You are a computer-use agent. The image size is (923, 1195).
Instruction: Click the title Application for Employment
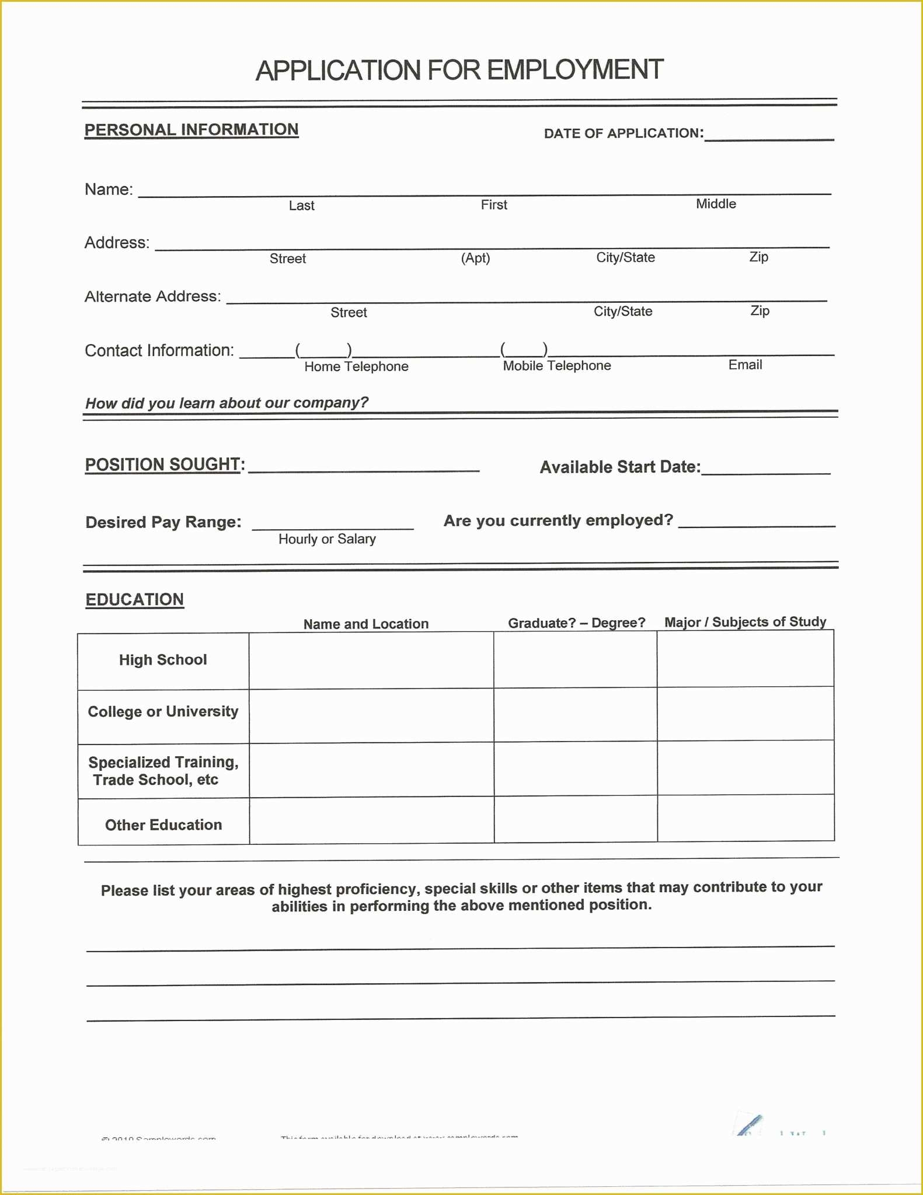459,70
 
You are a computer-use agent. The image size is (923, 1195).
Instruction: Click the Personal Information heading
191,130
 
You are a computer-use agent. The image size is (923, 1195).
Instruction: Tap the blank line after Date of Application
769,135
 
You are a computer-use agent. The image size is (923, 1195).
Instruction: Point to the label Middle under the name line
716,204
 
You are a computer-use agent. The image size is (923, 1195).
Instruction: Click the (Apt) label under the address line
475,258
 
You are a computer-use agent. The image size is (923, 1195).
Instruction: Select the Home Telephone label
356,366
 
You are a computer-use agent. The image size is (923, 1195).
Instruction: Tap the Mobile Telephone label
557,366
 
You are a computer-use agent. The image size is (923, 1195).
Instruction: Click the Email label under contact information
745,365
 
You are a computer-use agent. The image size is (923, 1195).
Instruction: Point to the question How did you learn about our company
227,403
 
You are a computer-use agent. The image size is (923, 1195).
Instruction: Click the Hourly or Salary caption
327,539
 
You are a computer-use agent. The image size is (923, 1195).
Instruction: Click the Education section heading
135,600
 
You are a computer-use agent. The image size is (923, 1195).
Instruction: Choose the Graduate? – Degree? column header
576,623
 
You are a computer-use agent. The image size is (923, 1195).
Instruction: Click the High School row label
163,660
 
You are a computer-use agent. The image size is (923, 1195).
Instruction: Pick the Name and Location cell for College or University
371,715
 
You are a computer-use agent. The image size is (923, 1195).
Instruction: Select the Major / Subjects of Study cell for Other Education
746,818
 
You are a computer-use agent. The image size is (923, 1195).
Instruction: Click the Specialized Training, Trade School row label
163,771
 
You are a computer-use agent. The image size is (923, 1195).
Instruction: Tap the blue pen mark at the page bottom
749,1124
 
